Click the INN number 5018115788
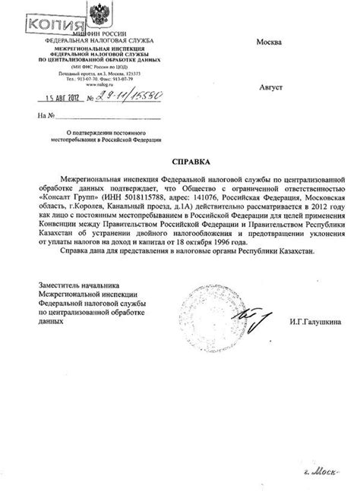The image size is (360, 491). click(x=134, y=196)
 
